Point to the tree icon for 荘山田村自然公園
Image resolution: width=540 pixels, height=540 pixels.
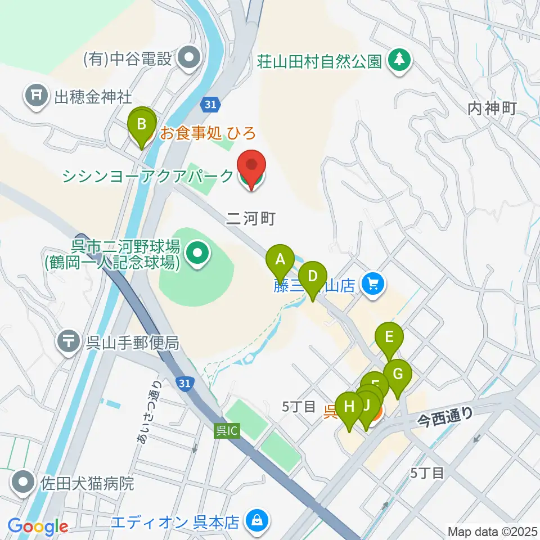pos(399,60)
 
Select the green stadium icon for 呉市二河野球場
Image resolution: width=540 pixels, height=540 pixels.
pos(196,254)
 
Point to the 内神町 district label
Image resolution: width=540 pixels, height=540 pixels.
pos(492,109)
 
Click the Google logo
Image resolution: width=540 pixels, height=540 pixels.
pos(38,527)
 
